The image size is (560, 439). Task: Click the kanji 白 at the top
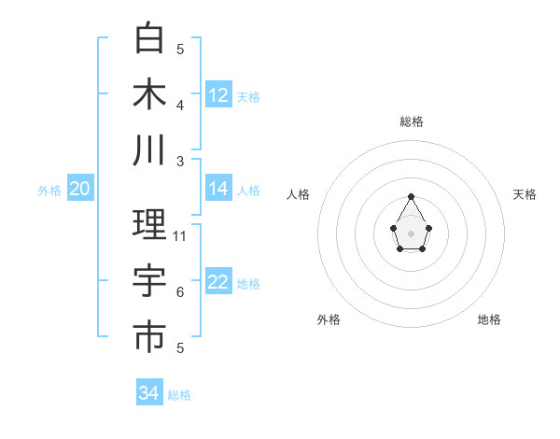pyautogui.click(x=149, y=38)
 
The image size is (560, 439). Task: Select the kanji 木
pyautogui.click(x=149, y=94)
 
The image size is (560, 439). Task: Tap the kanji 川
pyautogui.click(x=149, y=150)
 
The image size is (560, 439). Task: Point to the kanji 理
pyautogui.click(x=149, y=225)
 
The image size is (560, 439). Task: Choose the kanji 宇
pyautogui.click(x=149, y=281)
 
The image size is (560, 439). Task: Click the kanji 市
pyautogui.click(x=149, y=337)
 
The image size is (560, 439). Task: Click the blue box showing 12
pyautogui.click(x=218, y=94)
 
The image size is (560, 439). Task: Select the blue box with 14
pyautogui.click(x=218, y=189)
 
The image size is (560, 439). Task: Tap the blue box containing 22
pyautogui.click(x=218, y=282)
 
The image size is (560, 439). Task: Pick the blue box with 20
pyautogui.click(x=79, y=189)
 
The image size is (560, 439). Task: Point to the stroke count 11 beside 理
pyautogui.click(x=180, y=236)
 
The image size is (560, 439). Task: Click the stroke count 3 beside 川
pyautogui.click(x=180, y=162)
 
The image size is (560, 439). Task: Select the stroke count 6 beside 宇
pyautogui.click(x=180, y=292)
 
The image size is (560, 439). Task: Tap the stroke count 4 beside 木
pyautogui.click(x=180, y=106)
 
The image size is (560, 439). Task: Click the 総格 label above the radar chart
pyautogui.click(x=412, y=121)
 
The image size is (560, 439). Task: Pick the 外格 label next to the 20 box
pyautogui.click(x=49, y=190)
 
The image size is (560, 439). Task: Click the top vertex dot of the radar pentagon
pyautogui.click(x=412, y=196)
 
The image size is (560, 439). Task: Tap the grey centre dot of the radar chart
pyautogui.click(x=412, y=233)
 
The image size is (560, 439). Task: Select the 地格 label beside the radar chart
pyautogui.click(x=489, y=319)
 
